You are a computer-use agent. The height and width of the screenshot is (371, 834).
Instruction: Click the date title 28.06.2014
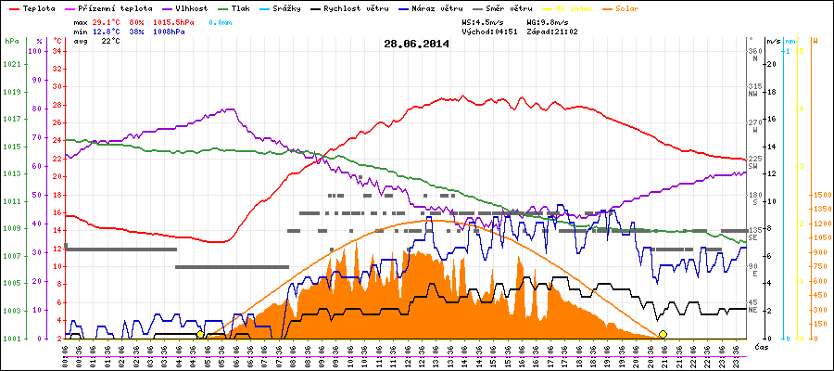pos(416,43)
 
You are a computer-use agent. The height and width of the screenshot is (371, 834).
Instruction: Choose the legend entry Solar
pos(627,7)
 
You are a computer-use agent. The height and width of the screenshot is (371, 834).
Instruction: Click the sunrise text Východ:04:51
pos(488,31)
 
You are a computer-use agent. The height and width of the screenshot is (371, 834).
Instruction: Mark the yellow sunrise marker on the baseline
pos(200,335)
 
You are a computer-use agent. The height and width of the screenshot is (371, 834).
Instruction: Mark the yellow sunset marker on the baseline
pos(663,335)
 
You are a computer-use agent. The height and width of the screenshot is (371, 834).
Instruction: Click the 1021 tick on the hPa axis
pos(12,64)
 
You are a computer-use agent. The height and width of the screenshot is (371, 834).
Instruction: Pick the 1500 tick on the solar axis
pos(820,196)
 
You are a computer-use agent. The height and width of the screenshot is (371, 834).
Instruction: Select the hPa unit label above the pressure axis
pos(11,42)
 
